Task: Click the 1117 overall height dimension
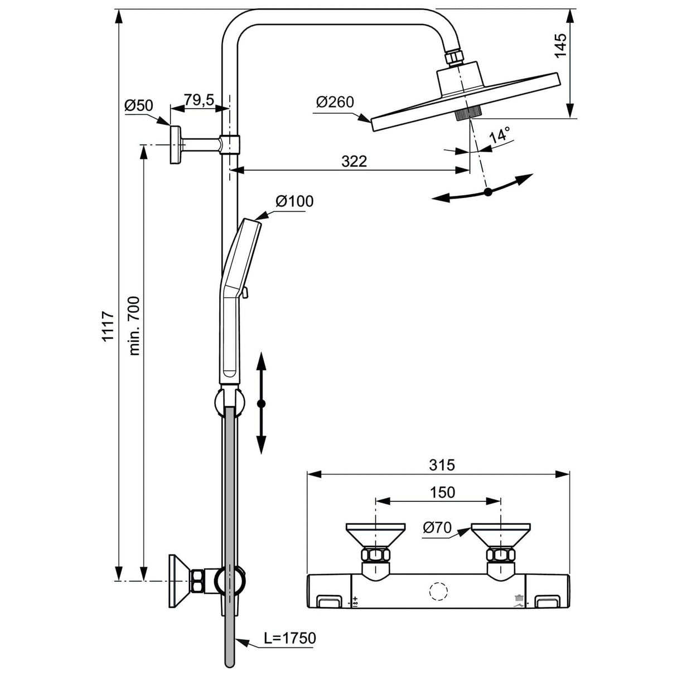109,326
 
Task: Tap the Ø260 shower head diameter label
335,102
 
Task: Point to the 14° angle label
500,135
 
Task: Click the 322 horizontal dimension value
354,161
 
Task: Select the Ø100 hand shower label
294,201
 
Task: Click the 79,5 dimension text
199,100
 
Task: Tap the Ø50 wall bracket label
138,105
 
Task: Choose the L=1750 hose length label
289,638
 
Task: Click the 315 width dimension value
442,464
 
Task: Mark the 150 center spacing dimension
442,492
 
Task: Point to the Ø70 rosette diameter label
437,528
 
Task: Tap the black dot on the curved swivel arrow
488,192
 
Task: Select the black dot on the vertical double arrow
261,403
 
